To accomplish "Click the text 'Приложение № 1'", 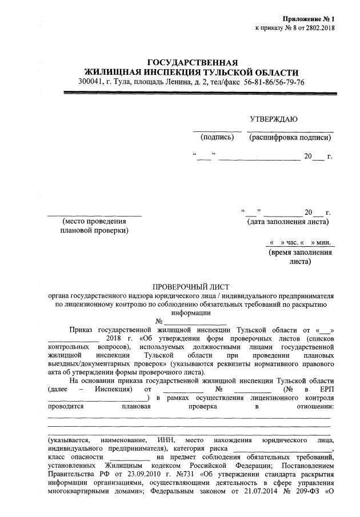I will click(x=323, y=19).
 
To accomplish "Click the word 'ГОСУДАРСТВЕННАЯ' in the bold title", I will click(x=192, y=62).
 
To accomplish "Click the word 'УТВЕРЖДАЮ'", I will click(x=274, y=119).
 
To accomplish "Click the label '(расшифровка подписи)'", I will click(x=289, y=138).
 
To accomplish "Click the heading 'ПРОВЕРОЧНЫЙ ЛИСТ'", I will click(x=191, y=286).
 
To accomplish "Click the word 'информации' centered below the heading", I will click(x=191, y=312).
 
